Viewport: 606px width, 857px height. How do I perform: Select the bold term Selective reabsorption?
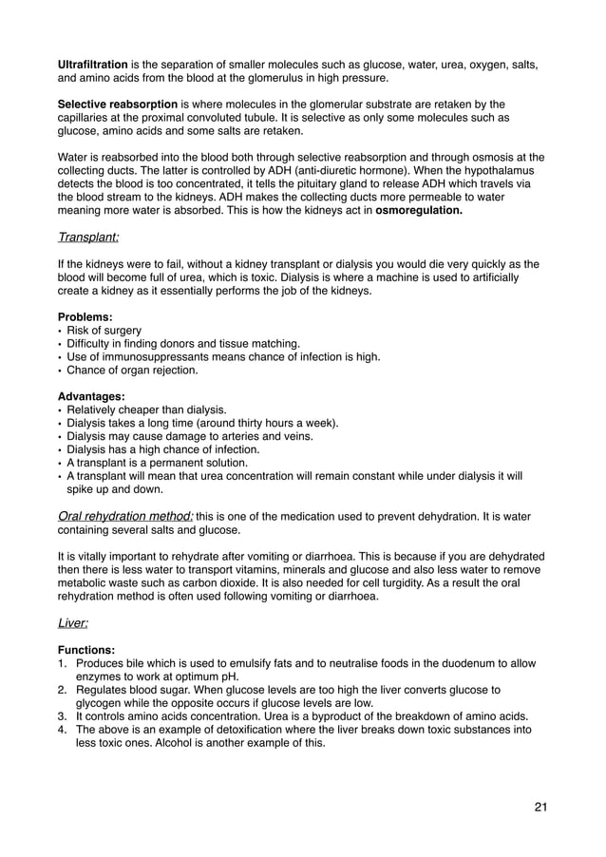118,104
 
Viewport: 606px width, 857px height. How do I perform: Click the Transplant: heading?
88,237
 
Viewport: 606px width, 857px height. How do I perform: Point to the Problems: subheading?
86,315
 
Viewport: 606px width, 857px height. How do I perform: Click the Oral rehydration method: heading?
125,516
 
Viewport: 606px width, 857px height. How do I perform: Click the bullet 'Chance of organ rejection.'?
132,370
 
